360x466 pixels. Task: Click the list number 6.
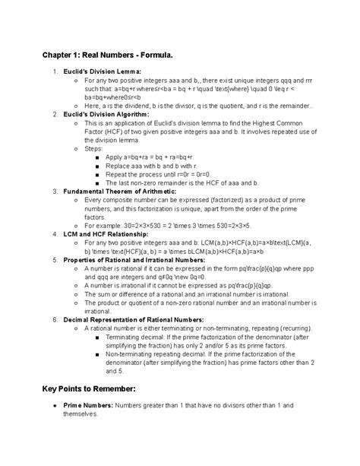click(x=55, y=319)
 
